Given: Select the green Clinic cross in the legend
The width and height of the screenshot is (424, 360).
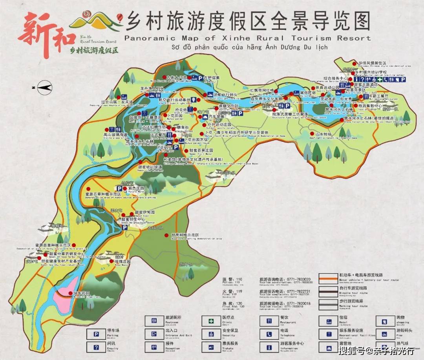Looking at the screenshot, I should [212, 321].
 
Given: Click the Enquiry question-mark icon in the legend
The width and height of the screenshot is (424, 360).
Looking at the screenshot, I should [96, 347].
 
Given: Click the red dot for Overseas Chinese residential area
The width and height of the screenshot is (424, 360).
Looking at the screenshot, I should [355, 63].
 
